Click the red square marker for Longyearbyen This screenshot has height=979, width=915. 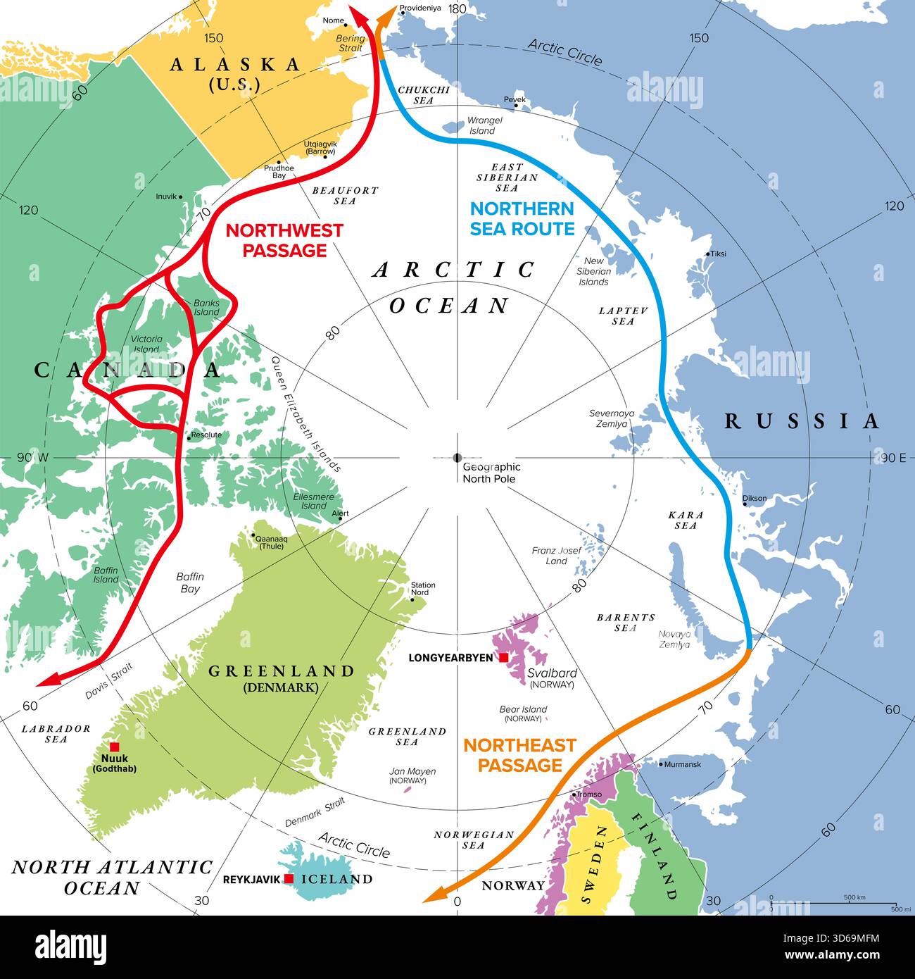503,658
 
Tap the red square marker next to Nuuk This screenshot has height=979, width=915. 115,747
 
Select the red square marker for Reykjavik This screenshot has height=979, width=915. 289,879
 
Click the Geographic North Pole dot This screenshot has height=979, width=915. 458,458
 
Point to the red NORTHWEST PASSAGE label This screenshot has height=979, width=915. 284,240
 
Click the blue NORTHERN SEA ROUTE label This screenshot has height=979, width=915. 522,218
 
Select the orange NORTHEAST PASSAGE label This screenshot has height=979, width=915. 519,755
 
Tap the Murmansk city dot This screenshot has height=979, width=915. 662,764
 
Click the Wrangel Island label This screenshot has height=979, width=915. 484,125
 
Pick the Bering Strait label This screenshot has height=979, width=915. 351,44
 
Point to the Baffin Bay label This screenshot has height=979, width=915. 190,582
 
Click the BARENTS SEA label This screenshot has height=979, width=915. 626,623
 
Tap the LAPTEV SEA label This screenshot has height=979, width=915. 623,316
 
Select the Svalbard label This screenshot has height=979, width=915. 552,673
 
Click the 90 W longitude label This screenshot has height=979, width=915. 33,458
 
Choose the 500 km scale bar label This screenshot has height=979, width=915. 854,898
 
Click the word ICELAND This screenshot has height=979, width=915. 336,879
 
